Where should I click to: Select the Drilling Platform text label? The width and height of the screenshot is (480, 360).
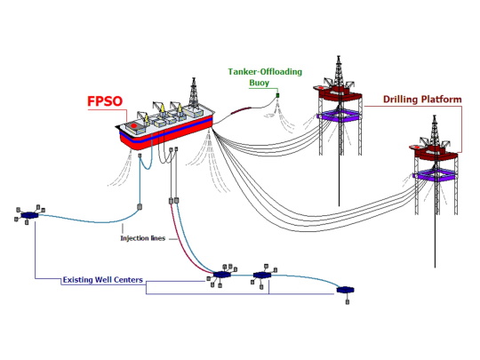[421, 100]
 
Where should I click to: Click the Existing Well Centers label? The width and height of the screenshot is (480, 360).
[102, 281]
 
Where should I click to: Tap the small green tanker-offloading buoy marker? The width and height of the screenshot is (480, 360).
[277, 94]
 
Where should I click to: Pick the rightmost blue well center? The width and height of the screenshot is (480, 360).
[345, 290]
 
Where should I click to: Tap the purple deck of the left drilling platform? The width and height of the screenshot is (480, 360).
[339, 116]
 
